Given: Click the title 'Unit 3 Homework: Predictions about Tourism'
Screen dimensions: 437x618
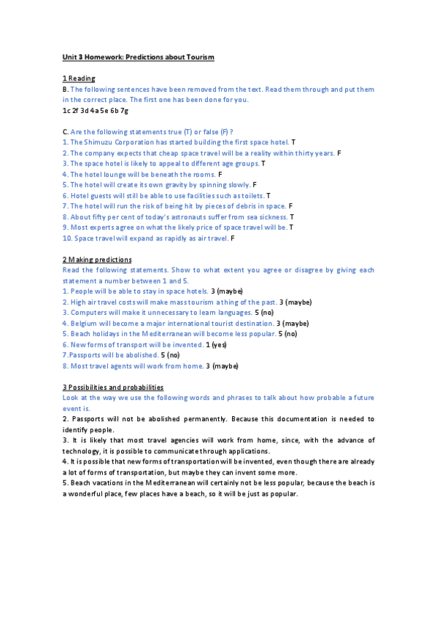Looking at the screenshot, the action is (x=138, y=57).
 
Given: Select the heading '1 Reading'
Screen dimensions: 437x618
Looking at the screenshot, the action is (x=79, y=79).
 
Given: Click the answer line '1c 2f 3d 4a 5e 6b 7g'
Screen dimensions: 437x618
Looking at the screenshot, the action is (x=96, y=111).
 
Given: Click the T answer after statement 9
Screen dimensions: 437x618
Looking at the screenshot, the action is (x=291, y=228).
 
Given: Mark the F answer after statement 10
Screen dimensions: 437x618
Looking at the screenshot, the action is (x=233, y=238).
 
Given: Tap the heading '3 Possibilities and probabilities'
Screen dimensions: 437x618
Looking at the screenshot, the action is (x=113, y=387).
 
